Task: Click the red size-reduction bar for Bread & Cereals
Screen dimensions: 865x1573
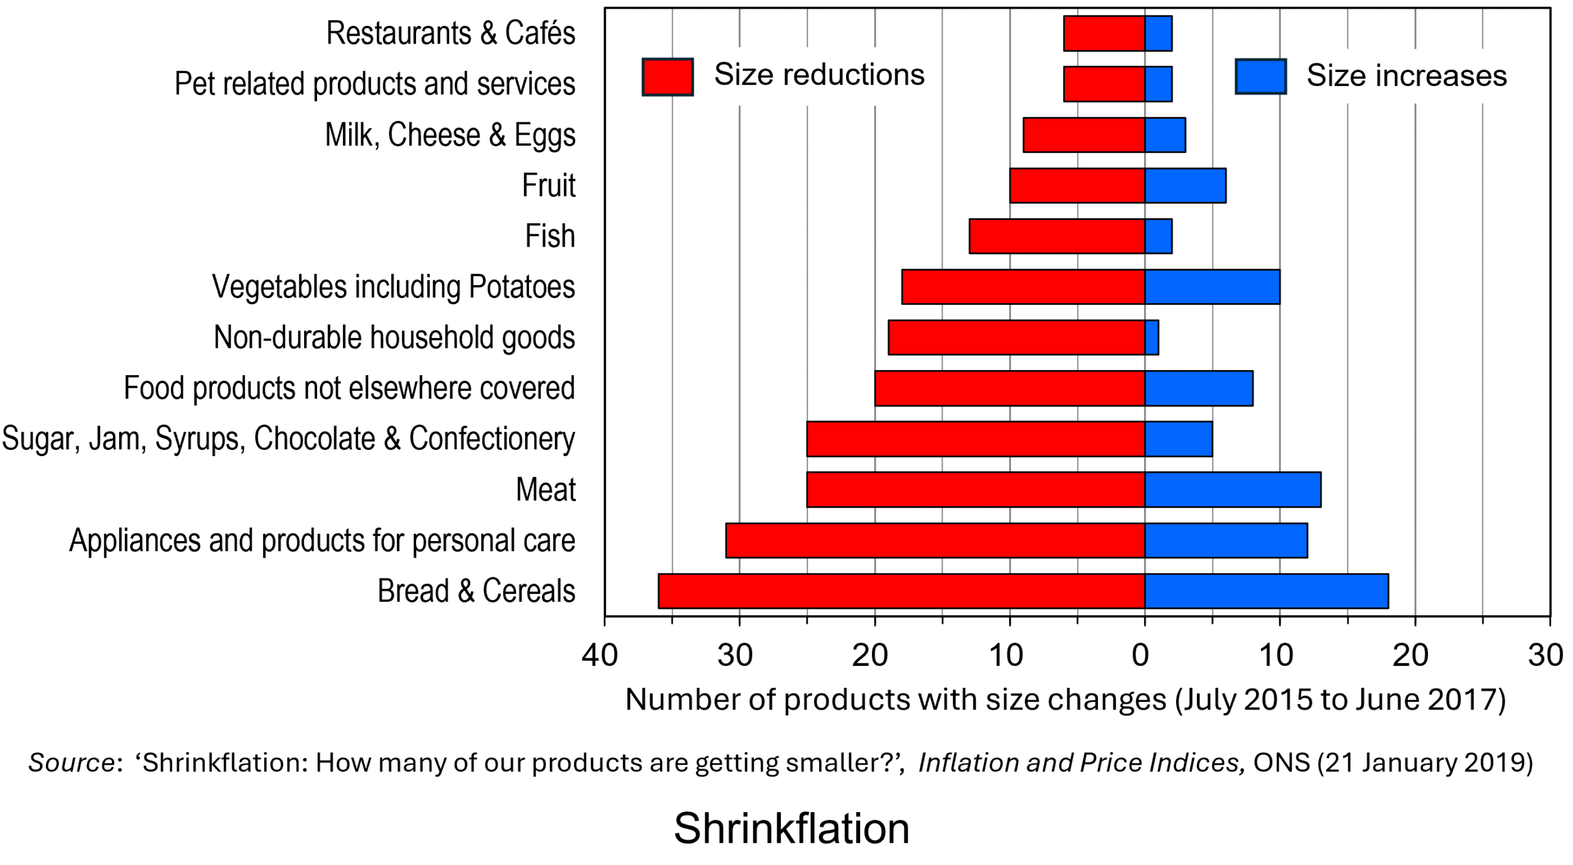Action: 901,591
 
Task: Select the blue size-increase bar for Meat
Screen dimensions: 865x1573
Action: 1232,489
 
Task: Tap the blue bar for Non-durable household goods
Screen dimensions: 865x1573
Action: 1151,338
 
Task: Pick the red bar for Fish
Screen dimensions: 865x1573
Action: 1057,236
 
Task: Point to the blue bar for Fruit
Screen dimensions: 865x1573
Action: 1185,186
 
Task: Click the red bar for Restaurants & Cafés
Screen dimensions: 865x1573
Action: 1104,33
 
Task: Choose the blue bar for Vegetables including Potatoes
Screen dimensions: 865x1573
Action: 1212,286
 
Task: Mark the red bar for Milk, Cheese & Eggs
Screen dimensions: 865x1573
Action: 1083,135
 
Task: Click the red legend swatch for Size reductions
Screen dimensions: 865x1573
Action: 667,77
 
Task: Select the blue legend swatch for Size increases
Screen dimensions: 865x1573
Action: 1260,77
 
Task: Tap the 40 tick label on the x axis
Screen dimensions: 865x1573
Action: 600,655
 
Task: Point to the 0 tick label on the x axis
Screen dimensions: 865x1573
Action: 1140,655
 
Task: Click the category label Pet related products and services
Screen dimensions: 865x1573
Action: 375,84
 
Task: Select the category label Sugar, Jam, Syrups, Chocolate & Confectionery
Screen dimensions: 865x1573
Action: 288,439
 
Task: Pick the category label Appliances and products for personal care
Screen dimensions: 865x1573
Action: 322,540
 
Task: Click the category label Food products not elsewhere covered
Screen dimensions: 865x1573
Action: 349,388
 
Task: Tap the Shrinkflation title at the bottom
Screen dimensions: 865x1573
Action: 791,829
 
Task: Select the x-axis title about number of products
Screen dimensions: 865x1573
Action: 1065,700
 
